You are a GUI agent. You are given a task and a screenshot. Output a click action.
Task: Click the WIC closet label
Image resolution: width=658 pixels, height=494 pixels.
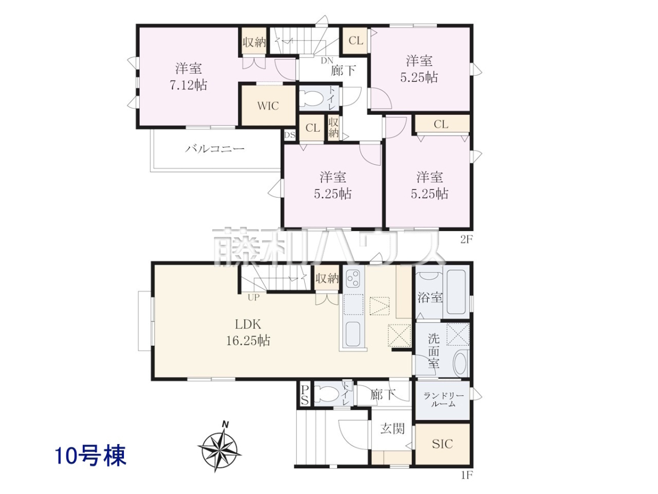(268, 106)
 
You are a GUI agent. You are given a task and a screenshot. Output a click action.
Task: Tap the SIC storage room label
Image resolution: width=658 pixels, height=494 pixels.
(442, 444)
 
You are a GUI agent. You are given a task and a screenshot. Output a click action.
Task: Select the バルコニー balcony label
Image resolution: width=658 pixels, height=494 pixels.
(214, 148)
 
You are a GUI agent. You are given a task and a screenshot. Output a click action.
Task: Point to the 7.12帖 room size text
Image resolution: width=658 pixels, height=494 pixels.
(188, 86)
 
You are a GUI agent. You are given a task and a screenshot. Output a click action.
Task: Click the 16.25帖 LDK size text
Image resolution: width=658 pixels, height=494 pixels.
(248, 341)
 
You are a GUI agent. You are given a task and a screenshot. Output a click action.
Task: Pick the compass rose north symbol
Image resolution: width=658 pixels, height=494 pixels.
(220, 447)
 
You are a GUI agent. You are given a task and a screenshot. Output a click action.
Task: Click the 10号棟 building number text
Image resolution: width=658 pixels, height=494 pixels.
(90, 456)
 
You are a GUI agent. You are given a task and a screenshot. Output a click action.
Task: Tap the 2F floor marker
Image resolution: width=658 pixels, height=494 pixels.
(466, 239)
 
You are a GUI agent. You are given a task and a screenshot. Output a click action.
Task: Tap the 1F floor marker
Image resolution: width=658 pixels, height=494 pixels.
(466, 483)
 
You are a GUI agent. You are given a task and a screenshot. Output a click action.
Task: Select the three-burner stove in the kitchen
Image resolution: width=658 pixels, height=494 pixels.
(353, 279)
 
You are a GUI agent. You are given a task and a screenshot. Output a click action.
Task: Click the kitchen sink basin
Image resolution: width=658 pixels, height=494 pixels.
(353, 334)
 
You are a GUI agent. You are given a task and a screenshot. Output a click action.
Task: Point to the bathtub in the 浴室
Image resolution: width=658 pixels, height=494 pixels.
(456, 291)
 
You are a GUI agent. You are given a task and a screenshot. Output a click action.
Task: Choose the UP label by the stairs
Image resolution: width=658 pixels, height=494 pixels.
(253, 297)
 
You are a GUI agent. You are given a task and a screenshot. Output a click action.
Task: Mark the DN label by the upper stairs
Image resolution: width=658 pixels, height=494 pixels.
(327, 60)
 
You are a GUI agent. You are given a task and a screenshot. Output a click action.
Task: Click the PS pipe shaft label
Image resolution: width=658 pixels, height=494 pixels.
(304, 395)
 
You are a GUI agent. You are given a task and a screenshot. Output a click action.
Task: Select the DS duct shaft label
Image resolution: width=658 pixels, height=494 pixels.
(290, 135)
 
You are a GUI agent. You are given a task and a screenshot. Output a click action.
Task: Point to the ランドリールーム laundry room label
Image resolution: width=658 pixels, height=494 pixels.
(444, 400)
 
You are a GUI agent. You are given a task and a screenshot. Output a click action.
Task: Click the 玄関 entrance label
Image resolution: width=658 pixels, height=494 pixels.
(393, 429)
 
